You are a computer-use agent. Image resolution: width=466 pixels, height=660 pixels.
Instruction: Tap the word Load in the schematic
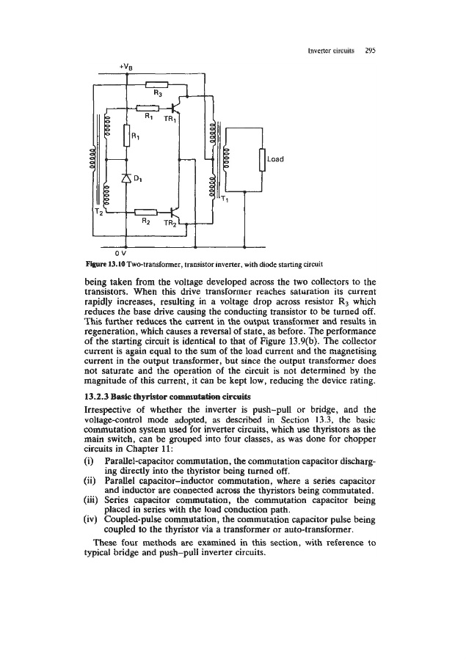point(274,158)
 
